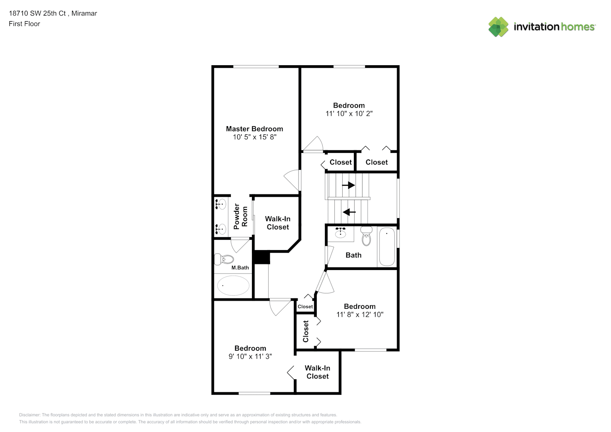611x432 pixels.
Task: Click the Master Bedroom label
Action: tap(254, 129)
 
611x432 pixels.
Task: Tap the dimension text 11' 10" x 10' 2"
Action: tap(349, 114)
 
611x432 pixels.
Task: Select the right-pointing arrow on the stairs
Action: tap(348, 185)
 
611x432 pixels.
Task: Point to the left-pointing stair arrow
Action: tap(349, 212)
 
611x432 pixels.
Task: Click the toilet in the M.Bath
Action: tap(224, 259)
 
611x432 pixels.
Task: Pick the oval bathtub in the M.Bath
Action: tap(233, 286)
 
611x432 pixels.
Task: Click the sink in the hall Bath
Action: tap(340, 233)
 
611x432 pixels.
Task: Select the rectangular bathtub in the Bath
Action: tap(387, 247)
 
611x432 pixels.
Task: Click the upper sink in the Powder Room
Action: tap(220, 204)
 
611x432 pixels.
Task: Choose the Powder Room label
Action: tap(241, 216)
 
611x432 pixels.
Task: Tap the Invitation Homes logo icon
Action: tap(498, 27)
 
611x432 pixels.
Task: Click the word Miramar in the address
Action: tap(84, 13)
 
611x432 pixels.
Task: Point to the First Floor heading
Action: tap(24, 24)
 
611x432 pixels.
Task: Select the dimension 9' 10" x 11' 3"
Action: tap(250, 356)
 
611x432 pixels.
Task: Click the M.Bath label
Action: tap(240, 268)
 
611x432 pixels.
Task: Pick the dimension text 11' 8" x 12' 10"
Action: tap(360, 314)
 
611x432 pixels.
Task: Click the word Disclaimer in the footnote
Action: tap(29, 415)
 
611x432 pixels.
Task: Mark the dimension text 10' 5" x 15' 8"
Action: tap(255, 137)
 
